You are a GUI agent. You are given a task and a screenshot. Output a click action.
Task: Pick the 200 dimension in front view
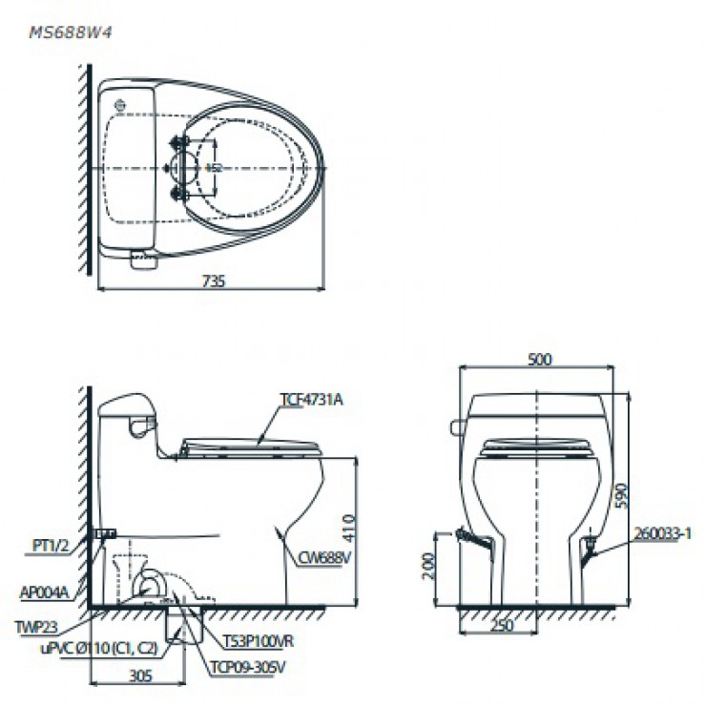(x=426, y=569)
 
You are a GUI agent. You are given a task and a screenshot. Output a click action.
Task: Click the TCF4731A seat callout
(x=311, y=400)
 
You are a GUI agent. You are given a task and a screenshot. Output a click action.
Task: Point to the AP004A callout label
(x=45, y=592)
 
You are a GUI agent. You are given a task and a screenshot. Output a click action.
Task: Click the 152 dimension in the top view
(x=215, y=168)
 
